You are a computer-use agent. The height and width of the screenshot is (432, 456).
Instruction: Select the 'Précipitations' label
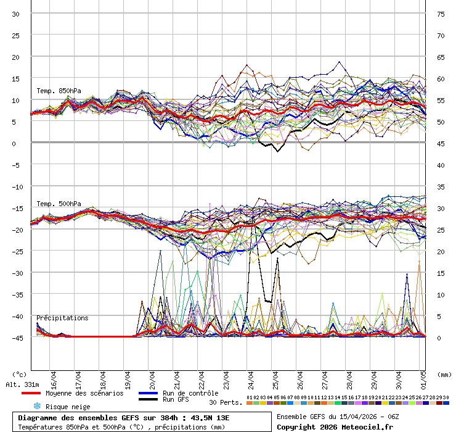click(x=62, y=318)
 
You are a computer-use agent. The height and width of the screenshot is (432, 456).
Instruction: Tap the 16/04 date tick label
click(x=54, y=377)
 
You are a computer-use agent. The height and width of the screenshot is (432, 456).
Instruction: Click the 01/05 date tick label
click(x=424, y=377)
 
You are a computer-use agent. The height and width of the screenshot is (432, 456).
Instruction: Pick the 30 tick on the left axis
click(x=16, y=14)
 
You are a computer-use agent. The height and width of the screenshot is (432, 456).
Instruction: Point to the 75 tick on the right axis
click(x=441, y=14)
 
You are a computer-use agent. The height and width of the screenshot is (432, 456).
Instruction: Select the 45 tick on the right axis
click(x=441, y=143)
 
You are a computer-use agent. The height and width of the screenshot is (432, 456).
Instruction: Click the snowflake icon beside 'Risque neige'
click(x=36, y=406)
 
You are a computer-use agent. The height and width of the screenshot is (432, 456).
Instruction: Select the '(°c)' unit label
click(x=19, y=374)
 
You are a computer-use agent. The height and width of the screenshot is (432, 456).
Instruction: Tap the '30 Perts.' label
click(x=224, y=402)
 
